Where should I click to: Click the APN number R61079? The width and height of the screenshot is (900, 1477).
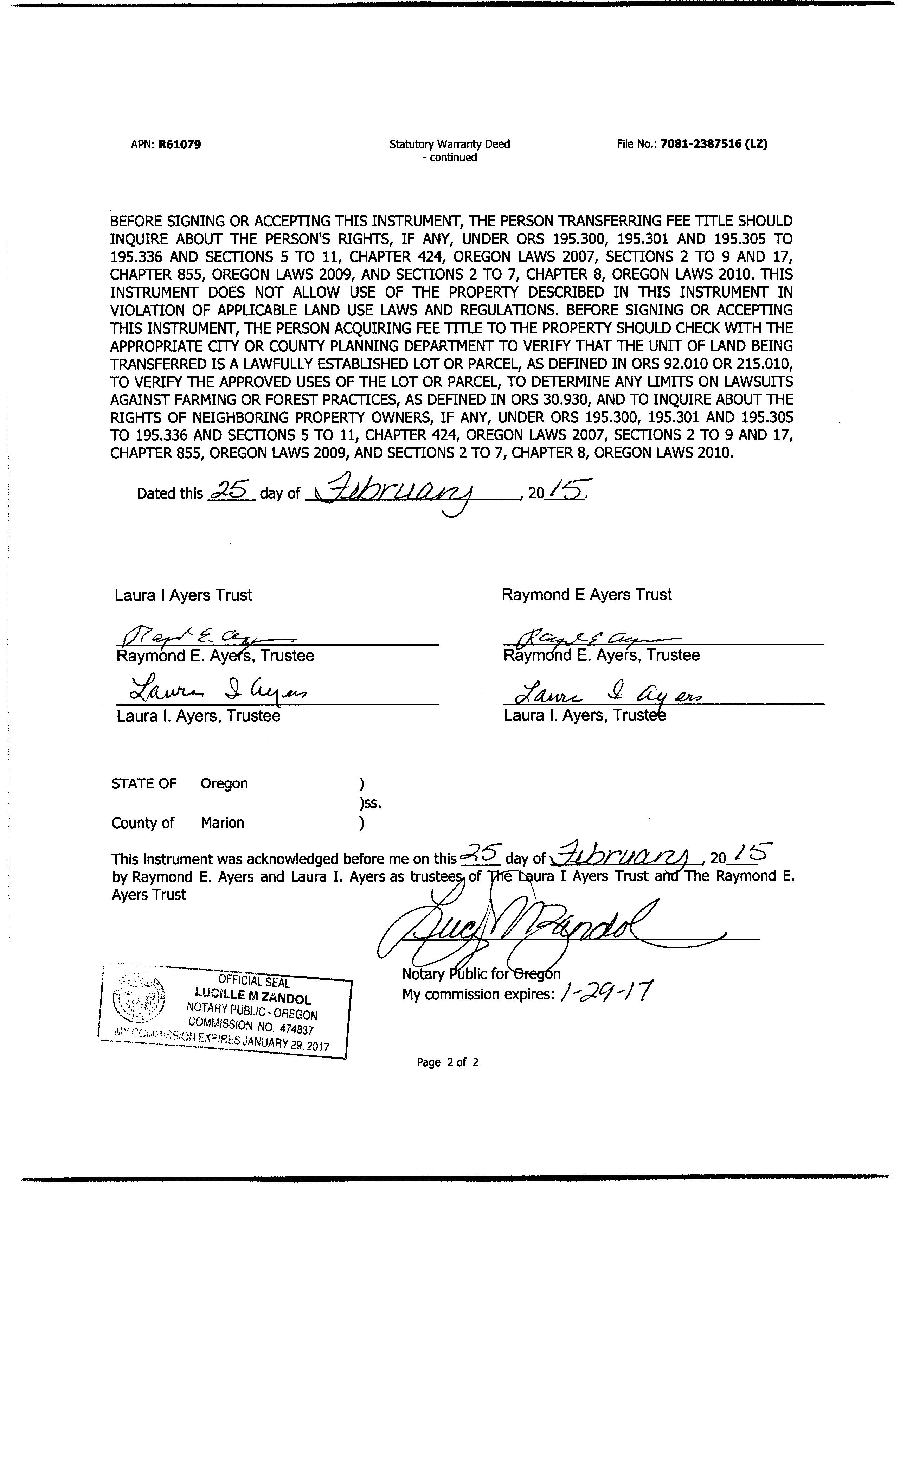[x=179, y=145]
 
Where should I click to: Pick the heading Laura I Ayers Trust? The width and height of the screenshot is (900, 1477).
[x=184, y=595]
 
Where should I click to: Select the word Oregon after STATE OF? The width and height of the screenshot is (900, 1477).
[x=224, y=784]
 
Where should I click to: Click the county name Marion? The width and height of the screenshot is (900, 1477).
[x=222, y=823]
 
